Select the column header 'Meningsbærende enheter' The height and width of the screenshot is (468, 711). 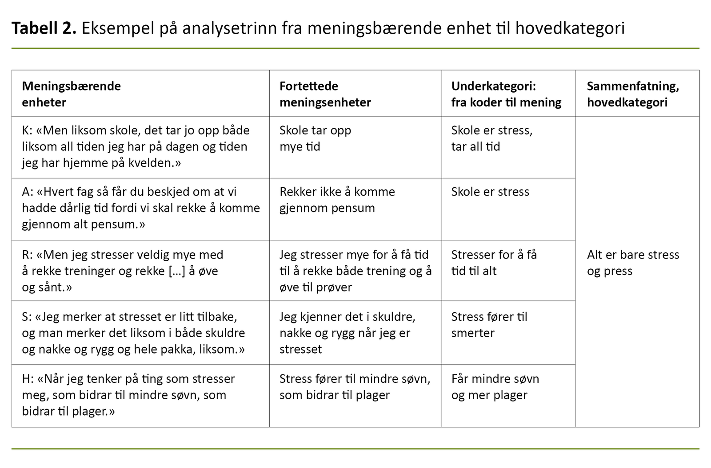(71, 94)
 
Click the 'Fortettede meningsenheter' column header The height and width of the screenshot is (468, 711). (325, 94)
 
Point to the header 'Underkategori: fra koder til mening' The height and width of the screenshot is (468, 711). (506, 94)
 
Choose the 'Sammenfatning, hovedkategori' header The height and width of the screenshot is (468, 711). (632, 94)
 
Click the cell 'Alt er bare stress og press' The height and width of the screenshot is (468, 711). (633, 263)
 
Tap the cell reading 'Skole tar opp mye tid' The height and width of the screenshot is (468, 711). (315, 138)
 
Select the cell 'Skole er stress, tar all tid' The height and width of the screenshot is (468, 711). (491, 138)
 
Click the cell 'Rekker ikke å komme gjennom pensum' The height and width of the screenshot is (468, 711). (337, 200)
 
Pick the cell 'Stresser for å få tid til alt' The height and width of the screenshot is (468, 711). (494, 263)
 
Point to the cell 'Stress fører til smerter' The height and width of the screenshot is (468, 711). (489, 325)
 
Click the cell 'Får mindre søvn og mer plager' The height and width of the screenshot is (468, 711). (495, 387)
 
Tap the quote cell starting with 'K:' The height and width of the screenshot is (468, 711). (136, 146)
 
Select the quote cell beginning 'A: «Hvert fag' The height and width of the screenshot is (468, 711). (140, 208)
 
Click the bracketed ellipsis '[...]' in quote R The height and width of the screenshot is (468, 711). (176, 271)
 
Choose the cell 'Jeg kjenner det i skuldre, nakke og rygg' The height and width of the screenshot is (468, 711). (347, 333)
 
